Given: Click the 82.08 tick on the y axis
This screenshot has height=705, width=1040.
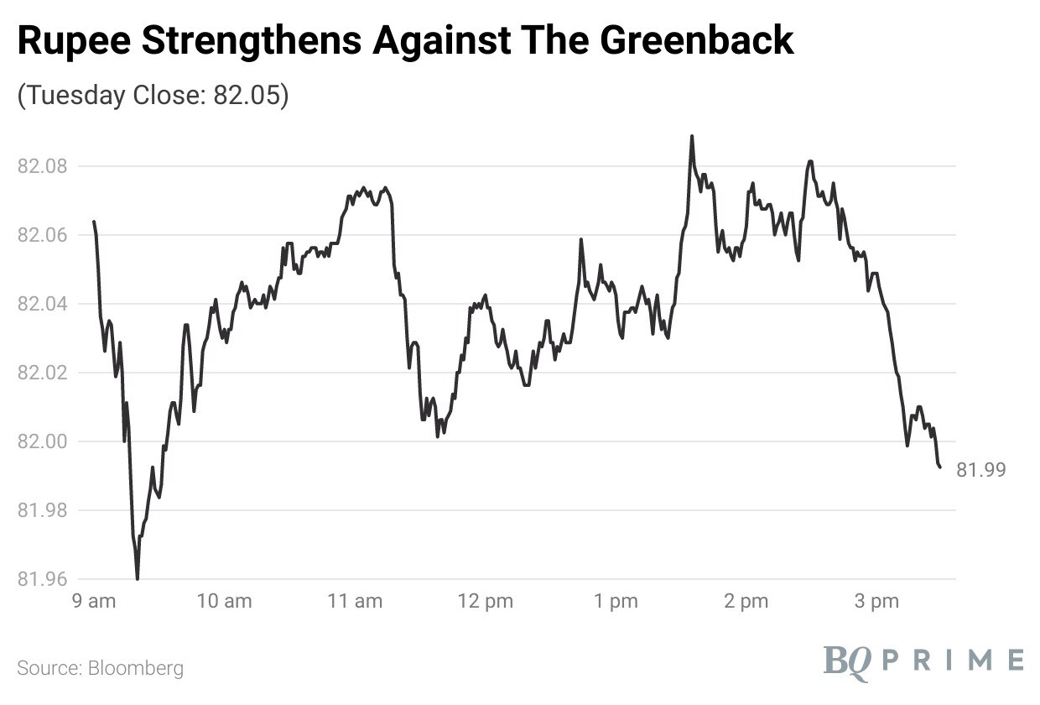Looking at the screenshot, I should click(42, 166).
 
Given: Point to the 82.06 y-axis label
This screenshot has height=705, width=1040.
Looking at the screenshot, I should click(42, 235).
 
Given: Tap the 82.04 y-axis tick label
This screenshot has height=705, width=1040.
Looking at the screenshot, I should click(42, 304).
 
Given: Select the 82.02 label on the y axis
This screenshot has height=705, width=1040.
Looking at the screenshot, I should click(42, 373).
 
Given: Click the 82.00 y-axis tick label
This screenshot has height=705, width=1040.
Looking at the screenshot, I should click(42, 441).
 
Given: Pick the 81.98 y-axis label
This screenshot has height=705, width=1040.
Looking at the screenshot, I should click(42, 510).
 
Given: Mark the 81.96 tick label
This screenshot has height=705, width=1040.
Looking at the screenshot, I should click(42, 579).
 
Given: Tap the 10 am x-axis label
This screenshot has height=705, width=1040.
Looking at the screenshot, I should click(224, 601).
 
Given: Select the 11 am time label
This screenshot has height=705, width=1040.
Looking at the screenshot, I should click(355, 601).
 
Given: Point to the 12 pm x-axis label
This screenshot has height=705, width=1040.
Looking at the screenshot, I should click(486, 601).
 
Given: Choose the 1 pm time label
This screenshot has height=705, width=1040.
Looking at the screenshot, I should click(616, 601).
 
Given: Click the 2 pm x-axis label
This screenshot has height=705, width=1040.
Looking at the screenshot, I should click(746, 601).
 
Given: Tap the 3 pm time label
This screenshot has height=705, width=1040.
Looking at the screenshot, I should click(876, 601).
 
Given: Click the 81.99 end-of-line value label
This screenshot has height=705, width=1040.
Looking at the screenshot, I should click(980, 470).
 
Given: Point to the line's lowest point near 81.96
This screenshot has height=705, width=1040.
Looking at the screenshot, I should click(138, 577).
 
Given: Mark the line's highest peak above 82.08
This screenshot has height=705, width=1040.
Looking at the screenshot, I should click(692, 136).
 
